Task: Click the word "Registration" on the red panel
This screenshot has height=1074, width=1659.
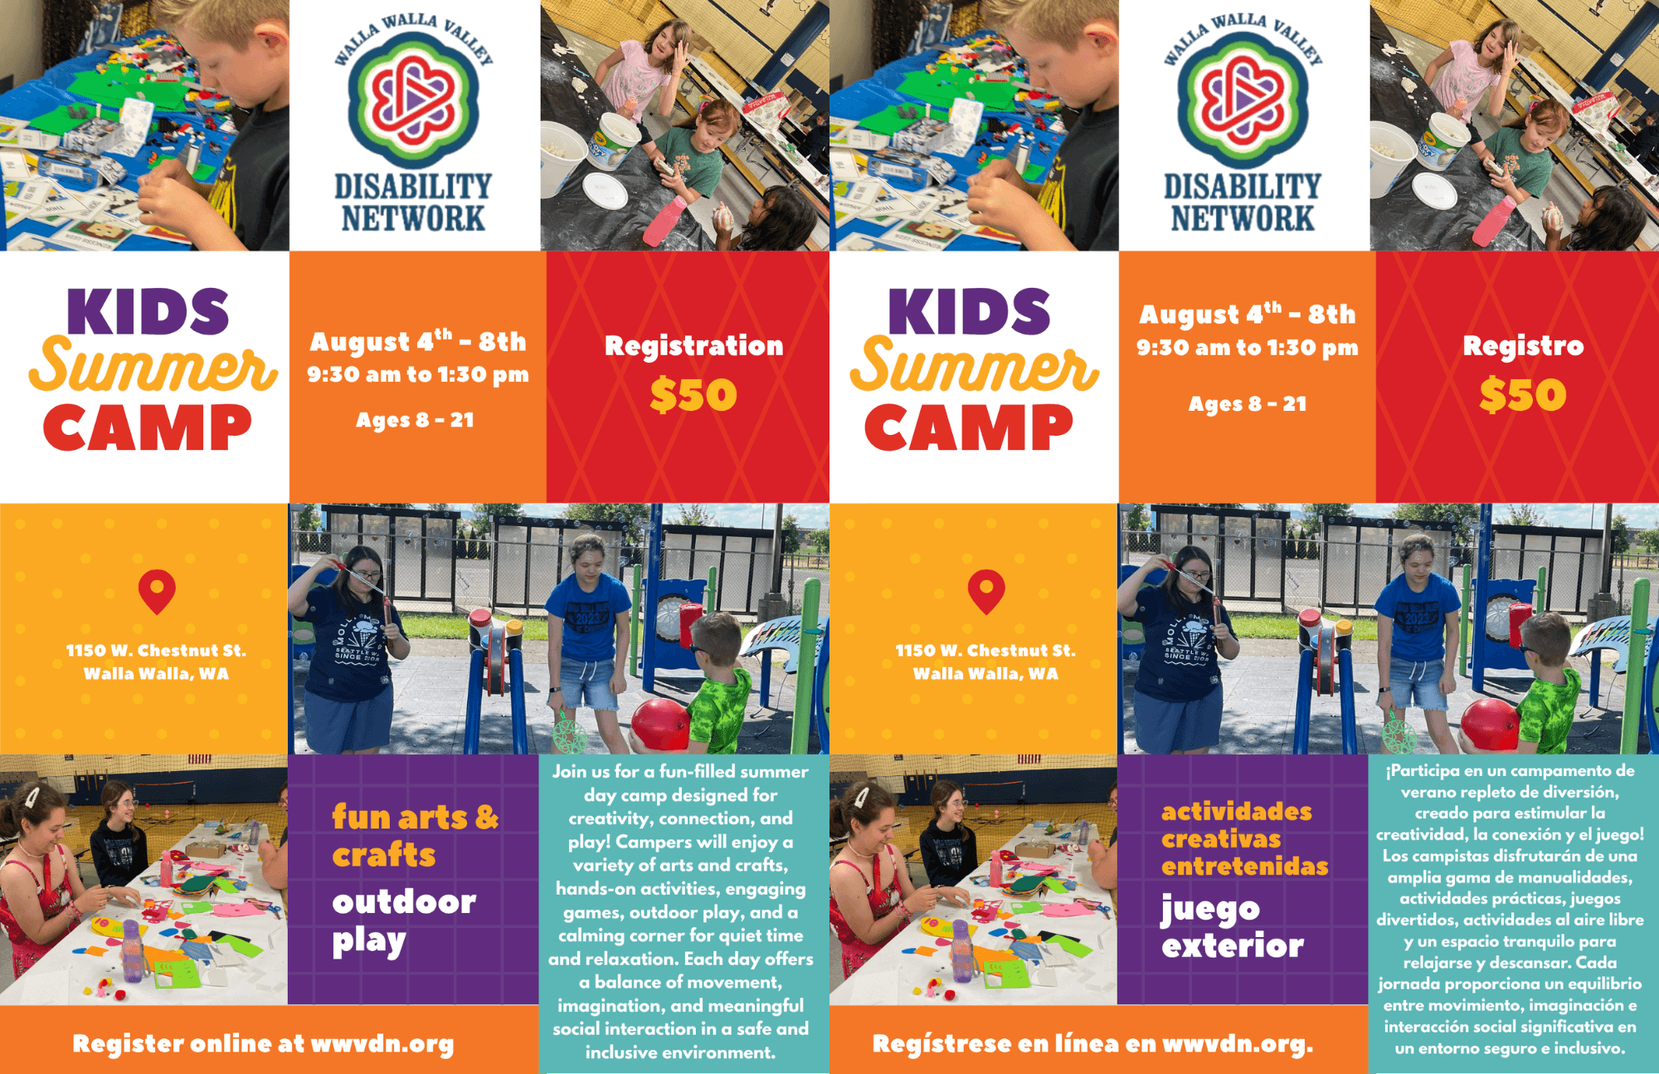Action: (693, 345)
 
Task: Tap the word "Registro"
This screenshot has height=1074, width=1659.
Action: (1523, 345)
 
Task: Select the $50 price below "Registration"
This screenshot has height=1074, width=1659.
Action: (693, 394)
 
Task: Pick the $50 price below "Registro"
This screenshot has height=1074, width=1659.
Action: (1523, 394)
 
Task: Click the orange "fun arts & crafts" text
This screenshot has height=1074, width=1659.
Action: (415, 835)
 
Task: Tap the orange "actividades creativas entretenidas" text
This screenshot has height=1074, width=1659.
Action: (1244, 838)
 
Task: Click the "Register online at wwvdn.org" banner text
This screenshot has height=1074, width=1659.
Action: (263, 1044)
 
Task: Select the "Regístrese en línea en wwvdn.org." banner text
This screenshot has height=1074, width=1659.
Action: (1092, 1044)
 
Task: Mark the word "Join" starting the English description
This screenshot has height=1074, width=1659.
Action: (569, 771)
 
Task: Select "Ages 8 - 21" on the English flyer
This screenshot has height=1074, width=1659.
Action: (415, 420)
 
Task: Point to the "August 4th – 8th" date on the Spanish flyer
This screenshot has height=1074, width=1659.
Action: (1247, 314)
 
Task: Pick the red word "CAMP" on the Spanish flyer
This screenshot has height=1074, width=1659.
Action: (968, 428)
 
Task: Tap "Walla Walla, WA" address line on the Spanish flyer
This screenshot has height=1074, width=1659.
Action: (985, 674)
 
